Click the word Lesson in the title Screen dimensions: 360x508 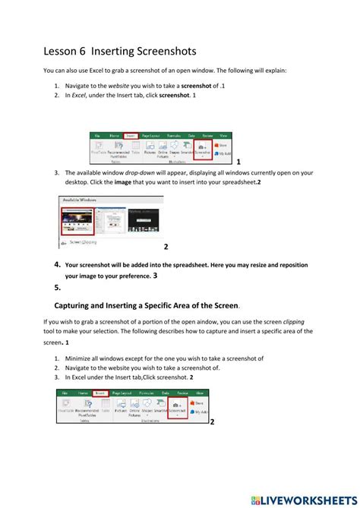[x=63, y=51]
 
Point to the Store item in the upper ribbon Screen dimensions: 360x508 [x=223, y=144]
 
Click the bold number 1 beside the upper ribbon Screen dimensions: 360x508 [x=238, y=162]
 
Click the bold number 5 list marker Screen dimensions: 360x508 [x=58, y=288]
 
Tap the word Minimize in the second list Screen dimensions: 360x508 [x=81, y=358]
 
